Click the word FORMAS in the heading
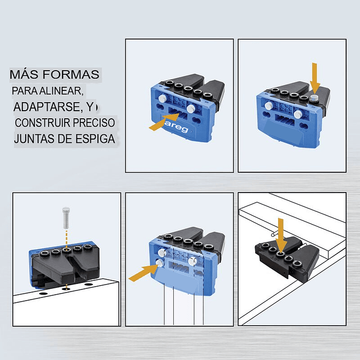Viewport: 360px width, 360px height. [x=71, y=74]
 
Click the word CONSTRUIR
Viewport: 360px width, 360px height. [x=42, y=123]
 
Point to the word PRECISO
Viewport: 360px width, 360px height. [x=94, y=123]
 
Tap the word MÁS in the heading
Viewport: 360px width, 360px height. [x=24, y=74]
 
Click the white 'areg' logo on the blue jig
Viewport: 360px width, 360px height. [x=177, y=127]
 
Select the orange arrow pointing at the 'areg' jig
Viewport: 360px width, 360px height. [x=164, y=122]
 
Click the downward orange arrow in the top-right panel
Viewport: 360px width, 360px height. [x=315, y=78]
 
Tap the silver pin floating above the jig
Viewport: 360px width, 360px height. [x=66, y=218]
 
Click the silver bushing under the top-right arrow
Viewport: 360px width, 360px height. [x=313, y=98]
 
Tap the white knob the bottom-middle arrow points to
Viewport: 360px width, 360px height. [x=160, y=263]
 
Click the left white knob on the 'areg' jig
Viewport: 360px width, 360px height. [x=162, y=99]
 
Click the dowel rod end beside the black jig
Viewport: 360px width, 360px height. [x=272, y=235]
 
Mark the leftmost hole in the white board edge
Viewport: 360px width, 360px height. [x=43, y=294]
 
